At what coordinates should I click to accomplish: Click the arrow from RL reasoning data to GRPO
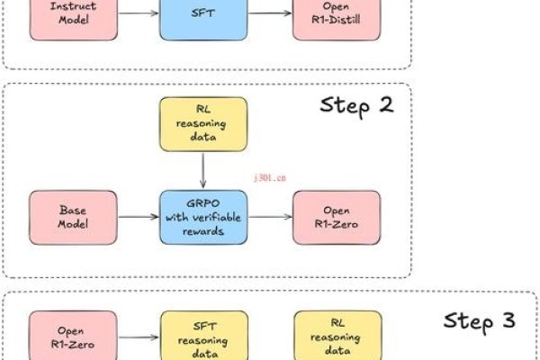[x=203, y=172]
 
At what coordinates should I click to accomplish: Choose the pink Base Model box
[x=74, y=217]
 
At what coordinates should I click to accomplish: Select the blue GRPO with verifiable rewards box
[x=203, y=217]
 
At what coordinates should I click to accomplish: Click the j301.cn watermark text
[x=267, y=178]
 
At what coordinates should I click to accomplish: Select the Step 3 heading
[x=480, y=321]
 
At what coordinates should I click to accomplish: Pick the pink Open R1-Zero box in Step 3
[x=74, y=335]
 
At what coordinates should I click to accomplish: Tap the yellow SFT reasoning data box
[x=203, y=335]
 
